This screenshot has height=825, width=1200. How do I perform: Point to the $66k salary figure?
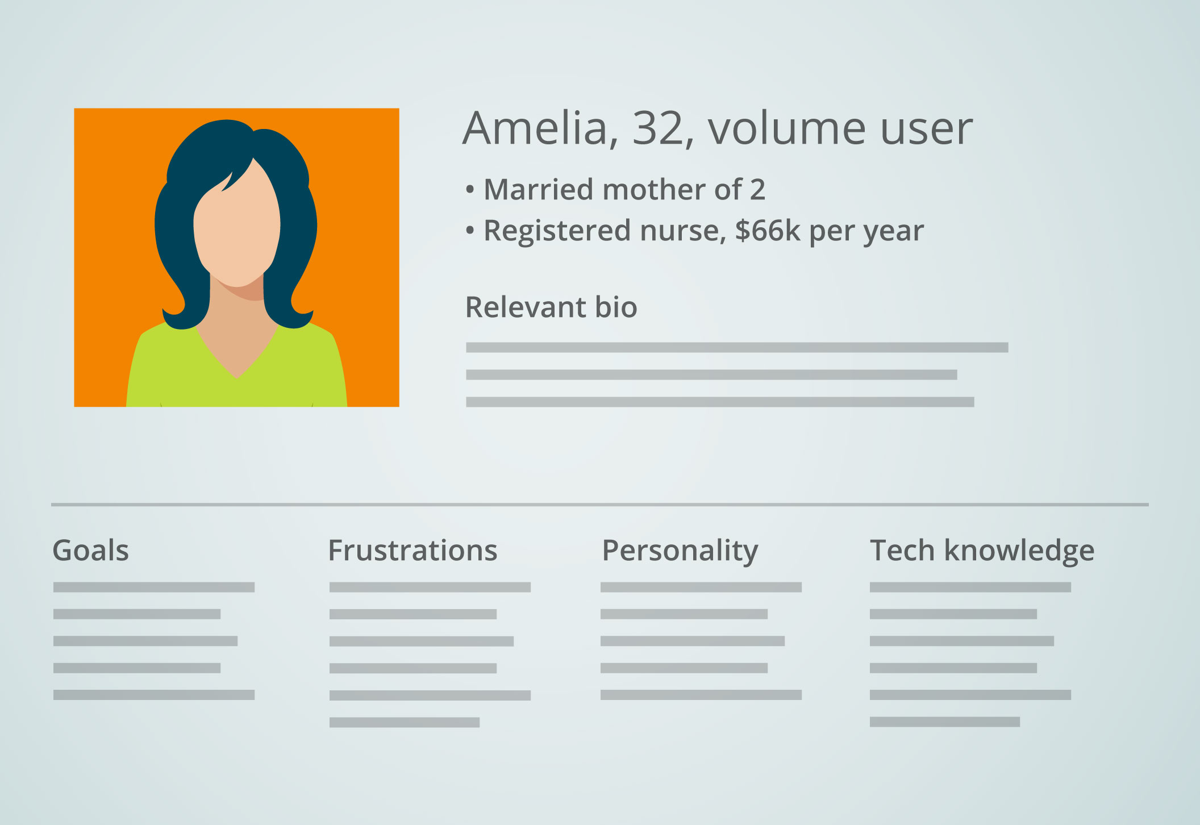tap(768, 230)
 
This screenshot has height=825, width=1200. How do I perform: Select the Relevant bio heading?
tap(551, 307)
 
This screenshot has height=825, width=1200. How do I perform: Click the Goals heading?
tap(91, 551)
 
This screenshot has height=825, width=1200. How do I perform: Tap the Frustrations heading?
tap(413, 551)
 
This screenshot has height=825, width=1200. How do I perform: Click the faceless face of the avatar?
tap(237, 227)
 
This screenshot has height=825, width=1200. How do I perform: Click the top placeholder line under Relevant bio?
tap(737, 347)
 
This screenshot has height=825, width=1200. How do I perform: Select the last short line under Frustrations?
tap(405, 722)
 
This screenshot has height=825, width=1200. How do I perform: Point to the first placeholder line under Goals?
tap(154, 587)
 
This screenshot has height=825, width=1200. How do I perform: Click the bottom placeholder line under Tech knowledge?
tap(945, 722)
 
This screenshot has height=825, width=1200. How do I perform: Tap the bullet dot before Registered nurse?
tap(470, 231)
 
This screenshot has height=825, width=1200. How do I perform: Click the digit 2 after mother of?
tap(757, 190)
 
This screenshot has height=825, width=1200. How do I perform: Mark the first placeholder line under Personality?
tap(701, 587)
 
